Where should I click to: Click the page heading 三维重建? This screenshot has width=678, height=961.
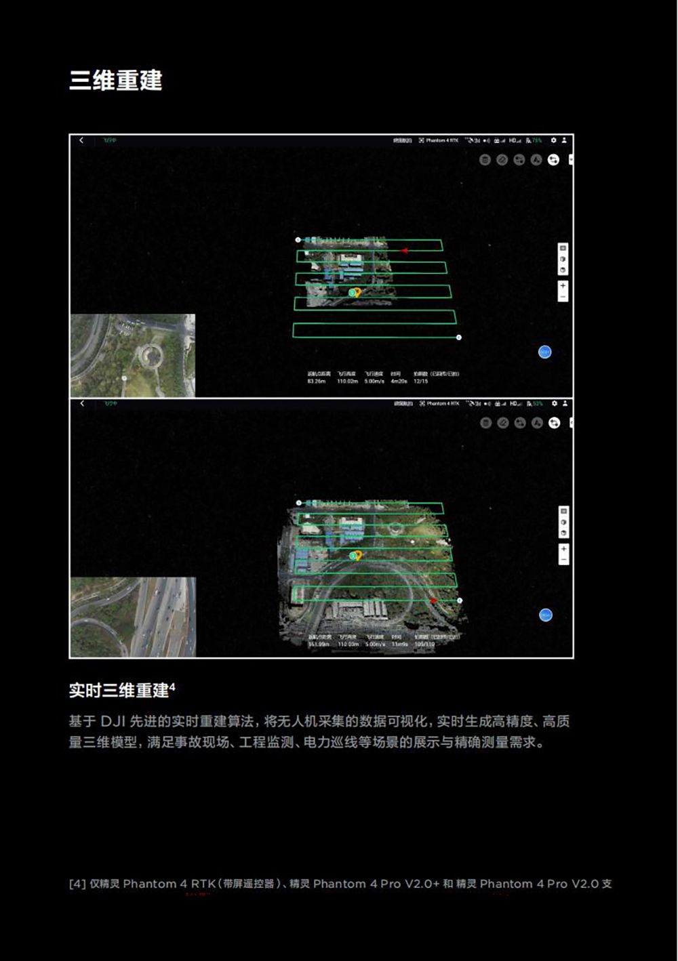pos(116,81)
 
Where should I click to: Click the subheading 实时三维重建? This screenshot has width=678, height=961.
pos(119,691)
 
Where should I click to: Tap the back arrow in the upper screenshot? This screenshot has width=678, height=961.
pos(81,140)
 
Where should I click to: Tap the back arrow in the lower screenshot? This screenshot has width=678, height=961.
pos(82,403)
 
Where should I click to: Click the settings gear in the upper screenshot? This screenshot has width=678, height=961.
pos(553,140)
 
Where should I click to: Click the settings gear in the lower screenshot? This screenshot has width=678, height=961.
pos(554,403)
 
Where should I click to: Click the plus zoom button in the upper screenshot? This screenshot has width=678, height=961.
pos(563,285)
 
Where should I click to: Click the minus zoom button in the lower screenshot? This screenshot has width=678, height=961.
pos(563,560)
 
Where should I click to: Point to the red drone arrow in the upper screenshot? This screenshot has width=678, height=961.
pos(404,251)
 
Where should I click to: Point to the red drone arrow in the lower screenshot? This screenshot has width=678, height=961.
pos(433,601)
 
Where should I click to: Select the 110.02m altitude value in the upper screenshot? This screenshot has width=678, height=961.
pos(347,382)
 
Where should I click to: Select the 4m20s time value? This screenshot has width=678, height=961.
pos(399,382)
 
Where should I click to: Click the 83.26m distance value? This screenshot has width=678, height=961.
pos(317,382)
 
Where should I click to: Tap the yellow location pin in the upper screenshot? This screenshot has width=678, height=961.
pos(357,292)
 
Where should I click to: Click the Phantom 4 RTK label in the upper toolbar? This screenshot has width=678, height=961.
pos(441,140)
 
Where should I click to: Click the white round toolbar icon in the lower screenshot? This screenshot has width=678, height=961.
pos(555,423)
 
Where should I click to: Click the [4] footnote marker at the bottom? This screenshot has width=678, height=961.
pos(77,884)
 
